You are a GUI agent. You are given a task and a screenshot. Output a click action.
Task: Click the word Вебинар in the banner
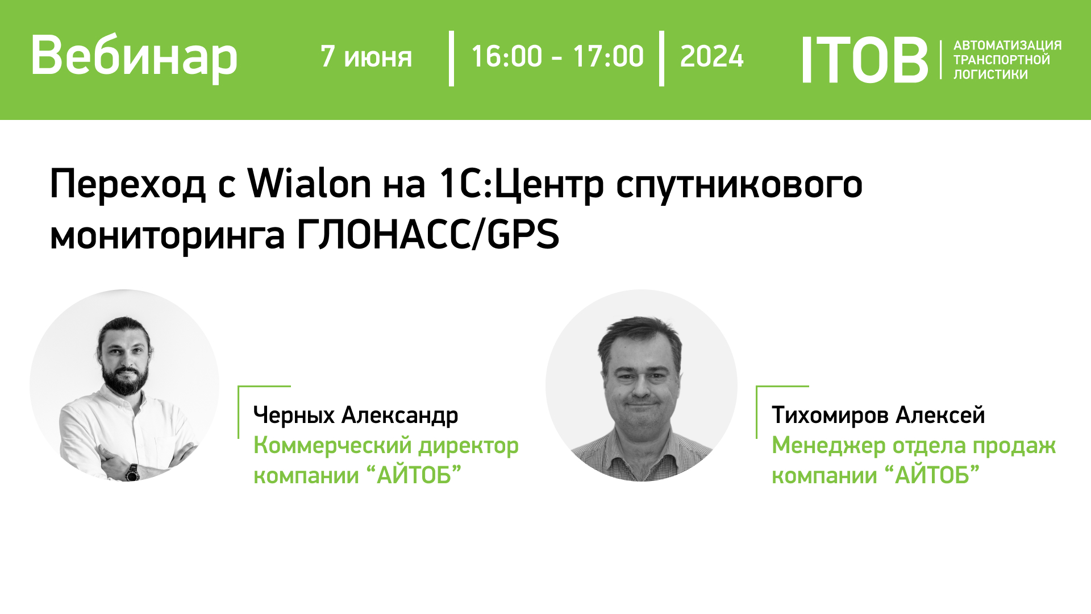coord(134,56)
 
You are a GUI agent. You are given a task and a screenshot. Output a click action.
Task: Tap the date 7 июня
coord(366,57)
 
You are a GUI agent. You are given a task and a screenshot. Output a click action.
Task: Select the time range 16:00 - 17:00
coord(557,56)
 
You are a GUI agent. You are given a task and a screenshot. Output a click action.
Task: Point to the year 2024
coord(711,56)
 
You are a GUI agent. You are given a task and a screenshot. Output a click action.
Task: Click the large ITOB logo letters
coord(864,60)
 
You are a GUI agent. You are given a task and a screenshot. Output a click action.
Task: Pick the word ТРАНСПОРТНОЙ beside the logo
coord(1002,60)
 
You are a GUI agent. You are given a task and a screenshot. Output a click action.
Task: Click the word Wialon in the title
coord(309,184)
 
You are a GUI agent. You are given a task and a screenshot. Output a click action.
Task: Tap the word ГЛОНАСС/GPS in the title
coord(428,234)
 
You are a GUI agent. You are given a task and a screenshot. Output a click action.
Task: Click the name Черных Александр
coord(356,415)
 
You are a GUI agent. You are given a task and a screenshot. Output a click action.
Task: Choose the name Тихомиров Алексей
coord(878,415)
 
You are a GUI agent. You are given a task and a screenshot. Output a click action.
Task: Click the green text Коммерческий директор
coord(386,445)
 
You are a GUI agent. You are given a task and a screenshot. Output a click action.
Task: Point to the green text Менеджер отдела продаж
coord(914,445)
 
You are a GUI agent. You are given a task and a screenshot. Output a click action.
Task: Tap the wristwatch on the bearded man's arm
coord(132,472)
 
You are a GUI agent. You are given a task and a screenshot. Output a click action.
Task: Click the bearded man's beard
coord(125,377)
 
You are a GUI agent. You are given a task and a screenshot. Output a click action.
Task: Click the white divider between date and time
coord(451,59)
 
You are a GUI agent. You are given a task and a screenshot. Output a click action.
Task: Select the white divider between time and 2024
coord(661,59)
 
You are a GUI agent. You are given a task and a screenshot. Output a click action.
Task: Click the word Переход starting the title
coord(128,185)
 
